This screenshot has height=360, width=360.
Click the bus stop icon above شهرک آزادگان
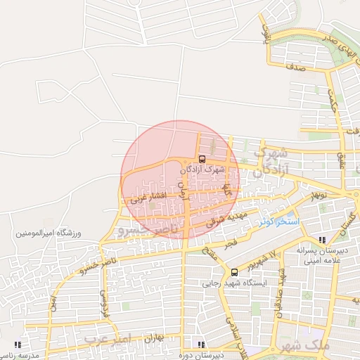202,159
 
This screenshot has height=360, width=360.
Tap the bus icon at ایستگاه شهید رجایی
234,272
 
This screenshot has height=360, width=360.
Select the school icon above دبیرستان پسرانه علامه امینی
322,240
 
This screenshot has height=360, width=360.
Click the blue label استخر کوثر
278,221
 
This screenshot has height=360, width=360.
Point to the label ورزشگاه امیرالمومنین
50,232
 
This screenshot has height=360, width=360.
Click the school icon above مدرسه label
18,345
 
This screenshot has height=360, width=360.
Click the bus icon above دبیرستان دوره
201,345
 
